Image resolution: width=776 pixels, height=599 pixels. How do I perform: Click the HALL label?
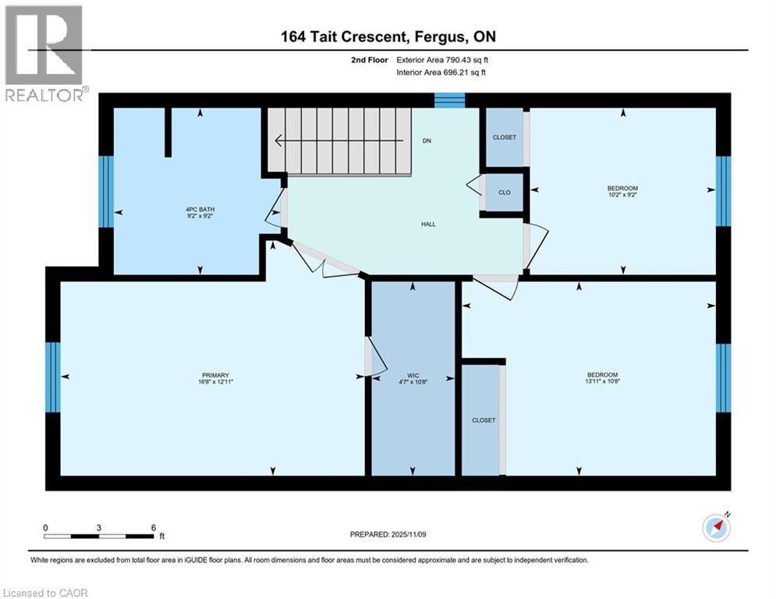(428, 225)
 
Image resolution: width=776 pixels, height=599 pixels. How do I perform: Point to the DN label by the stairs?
(427, 141)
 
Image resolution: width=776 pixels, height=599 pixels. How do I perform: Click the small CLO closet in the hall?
(504, 193)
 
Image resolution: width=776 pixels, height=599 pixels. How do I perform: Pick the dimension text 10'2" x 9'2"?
(622, 195)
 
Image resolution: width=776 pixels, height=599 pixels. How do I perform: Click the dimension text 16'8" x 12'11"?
(216, 382)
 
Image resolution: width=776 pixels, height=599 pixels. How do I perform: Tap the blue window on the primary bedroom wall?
(53, 377)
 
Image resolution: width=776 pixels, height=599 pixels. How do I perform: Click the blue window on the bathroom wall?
(106, 192)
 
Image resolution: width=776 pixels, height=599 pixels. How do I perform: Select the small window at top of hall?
(449, 99)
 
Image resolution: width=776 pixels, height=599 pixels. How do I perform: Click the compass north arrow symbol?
(716, 527)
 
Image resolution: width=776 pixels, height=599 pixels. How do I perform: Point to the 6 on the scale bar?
(153, 527)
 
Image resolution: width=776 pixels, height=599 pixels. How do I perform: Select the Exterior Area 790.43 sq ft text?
(442, 59)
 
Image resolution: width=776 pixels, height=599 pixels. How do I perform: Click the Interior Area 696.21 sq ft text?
(442, 73)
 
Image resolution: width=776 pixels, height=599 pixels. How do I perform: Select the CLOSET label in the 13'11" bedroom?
(484, 420)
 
